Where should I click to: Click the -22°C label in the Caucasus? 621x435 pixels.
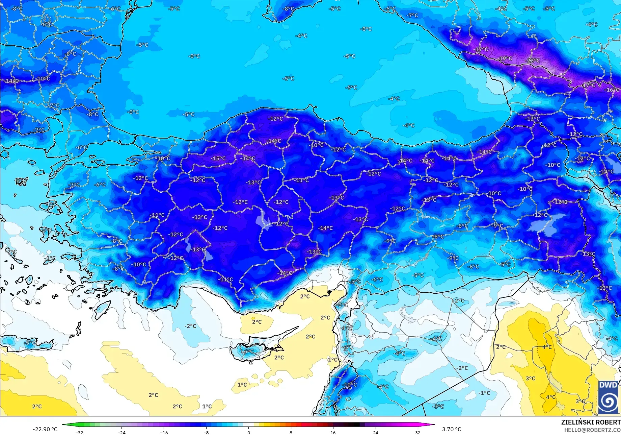533,61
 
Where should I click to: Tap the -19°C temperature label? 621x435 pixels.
505,58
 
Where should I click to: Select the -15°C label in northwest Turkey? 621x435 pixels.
218,159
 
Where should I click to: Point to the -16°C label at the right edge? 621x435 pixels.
612,90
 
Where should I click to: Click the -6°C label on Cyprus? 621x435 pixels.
248,352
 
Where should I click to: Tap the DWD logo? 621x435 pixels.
609,397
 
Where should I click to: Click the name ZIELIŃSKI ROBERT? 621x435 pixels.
591,422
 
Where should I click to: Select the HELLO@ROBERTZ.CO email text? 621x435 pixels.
592,430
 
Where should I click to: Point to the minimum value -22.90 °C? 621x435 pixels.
45,429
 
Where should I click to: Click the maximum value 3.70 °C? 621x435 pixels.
452,429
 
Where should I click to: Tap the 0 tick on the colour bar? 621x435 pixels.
249,433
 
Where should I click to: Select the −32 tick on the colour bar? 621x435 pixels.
79,433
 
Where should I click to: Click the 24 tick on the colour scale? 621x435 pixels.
376,433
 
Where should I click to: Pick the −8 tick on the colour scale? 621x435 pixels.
206,433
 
